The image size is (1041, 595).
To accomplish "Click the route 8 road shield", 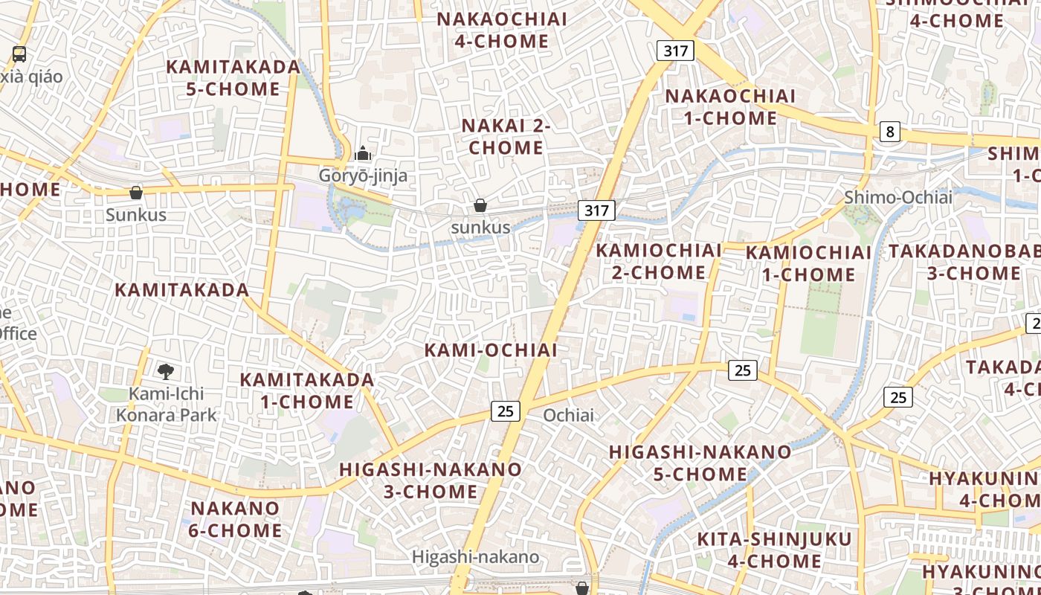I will click(x=889, y=132).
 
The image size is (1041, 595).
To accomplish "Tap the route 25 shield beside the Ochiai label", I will click(x=505, y=411).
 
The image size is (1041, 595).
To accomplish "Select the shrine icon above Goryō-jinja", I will click(x=363, y=153).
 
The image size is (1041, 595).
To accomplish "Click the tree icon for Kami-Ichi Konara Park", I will click(x=166, y=370).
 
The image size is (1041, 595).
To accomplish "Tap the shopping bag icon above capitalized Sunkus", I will click(x=136, y=193).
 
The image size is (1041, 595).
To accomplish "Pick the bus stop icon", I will click(x=19, y=54).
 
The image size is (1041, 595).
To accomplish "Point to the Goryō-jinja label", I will click(x=363, y=176).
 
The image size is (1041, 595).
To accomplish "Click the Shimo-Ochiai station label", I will click(x=897, y=197).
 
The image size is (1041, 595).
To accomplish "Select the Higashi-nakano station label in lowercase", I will click(x=476, y=556).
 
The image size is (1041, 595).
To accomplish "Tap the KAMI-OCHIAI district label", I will click(x=491, y=350).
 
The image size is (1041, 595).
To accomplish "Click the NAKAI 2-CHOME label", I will click(x=506, y=136).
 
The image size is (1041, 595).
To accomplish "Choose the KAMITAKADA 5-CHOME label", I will click(x=233, y=77).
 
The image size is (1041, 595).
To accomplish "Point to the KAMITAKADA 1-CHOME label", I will click(x=306, y=390).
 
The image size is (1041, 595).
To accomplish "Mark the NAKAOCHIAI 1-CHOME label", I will click(x=729, y=106).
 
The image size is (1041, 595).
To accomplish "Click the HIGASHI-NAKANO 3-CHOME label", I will click(x=431, y=480).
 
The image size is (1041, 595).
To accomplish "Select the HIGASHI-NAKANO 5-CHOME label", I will click(x=700, y=463).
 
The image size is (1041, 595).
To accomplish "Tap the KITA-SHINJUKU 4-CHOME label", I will click(x=774, y=550).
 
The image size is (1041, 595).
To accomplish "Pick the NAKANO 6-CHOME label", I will click(x=236, y=519).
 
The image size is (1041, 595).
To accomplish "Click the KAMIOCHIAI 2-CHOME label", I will click(x=659, y=261).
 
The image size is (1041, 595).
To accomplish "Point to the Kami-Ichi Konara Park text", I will click(x=166, y=404).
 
